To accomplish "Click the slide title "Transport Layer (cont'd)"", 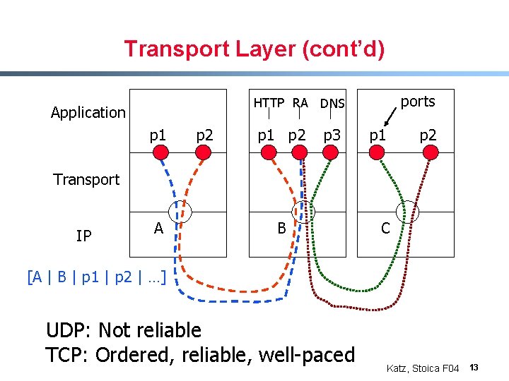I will point(254,49).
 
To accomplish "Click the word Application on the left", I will point(88,112).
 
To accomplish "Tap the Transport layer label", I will point(86,179).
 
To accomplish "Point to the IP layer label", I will point(83,236).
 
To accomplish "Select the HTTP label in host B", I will point(269,103).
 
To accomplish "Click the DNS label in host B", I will point(332,104).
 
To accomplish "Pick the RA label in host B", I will point(300,103).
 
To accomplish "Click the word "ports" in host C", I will point(417,102).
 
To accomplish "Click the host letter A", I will point(158,228).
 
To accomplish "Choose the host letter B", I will point(281,228).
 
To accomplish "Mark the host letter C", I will point(385,228).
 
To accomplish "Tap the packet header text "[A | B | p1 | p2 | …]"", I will point(96,277).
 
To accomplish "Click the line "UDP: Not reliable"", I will point(123,330).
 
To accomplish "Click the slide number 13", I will point(474,368).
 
